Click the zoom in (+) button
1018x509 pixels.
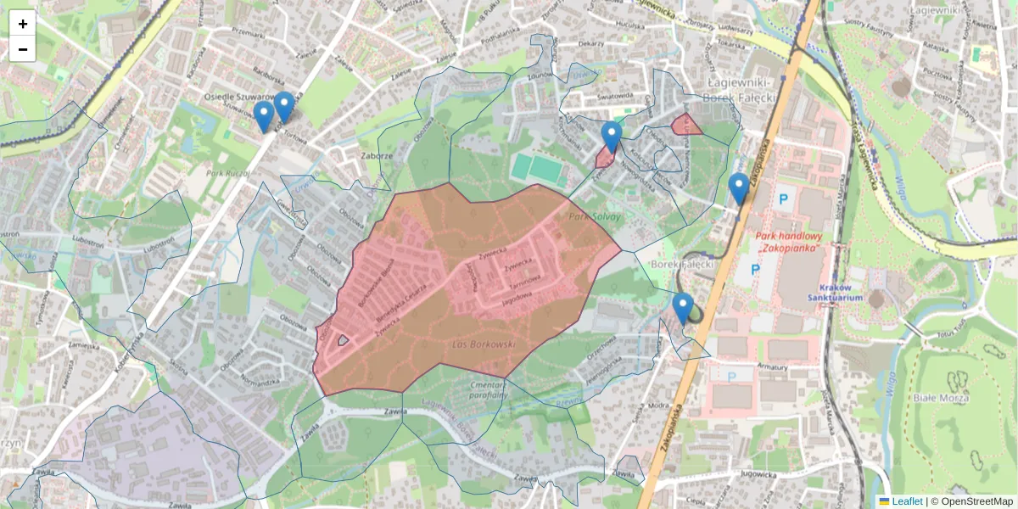[x=22, y=24]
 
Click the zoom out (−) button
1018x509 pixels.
[x=22, y=49]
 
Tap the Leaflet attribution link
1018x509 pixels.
[x=907, y=501]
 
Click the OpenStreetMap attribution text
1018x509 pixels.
[x=971, y=501]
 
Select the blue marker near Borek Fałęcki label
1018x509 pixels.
[x=682, y=308]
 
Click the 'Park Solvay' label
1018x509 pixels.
[x=595, y=217]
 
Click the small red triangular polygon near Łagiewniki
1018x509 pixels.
[x=685, y=126]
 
